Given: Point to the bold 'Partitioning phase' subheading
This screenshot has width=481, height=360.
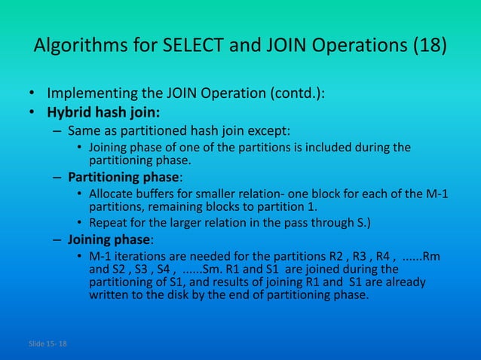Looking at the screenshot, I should (124, 178).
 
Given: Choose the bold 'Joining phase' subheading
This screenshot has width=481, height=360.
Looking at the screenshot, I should (109, 241).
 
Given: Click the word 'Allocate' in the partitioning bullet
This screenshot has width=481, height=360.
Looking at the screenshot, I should (112, 194).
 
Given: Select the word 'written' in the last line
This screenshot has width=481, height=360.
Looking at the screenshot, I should (109, 295).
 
